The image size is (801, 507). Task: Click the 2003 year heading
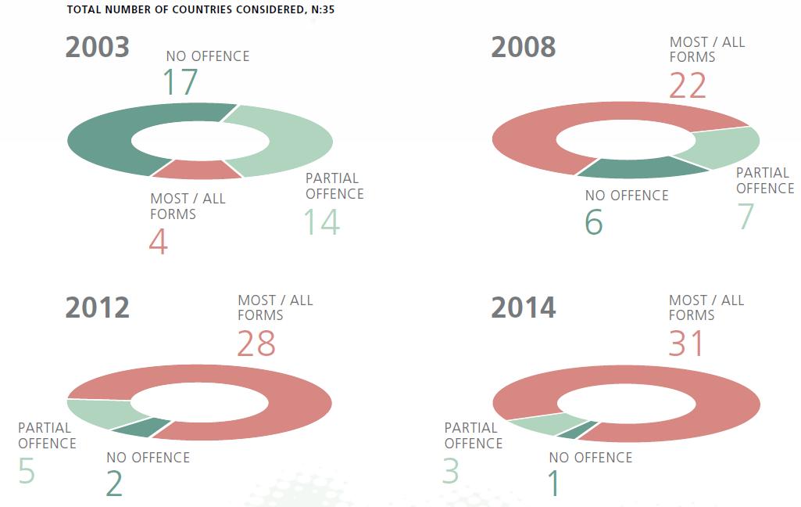click(x=98, y=48)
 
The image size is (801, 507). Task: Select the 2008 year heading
click(x=524, y=48)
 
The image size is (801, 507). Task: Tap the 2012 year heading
click(x=98, y=307)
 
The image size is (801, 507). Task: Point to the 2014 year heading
click(x=524, y=307)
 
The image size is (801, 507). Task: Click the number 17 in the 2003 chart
click(x=180, y=82)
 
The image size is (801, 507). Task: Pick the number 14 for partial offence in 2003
click(x=322, y=222)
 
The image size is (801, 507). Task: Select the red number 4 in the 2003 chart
click(x=159, y=242)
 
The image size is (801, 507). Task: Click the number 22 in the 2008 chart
click(x=688, y=86)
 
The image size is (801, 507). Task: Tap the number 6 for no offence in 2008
click(x=594, y=223)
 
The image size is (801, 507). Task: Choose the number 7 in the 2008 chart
click(x=746, y=217)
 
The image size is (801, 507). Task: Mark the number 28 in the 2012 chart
click(x=256, y=343)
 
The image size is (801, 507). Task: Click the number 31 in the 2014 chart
click(x=687, y=343)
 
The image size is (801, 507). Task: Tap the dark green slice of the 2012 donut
click(x=141, y=427)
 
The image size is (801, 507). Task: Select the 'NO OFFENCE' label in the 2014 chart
click(x=591, y=457)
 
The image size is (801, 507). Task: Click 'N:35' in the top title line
click(x=321, y=10)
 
